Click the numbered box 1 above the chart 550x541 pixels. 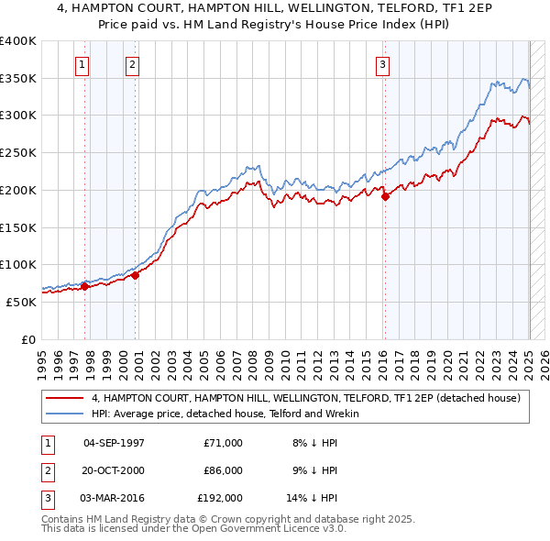(82, 64)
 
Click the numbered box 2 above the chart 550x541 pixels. (133, 64)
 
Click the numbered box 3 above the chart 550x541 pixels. (381, 64)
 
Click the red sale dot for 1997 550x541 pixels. (85, 286)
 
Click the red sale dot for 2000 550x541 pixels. (135, 274)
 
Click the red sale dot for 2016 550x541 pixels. (385, 195)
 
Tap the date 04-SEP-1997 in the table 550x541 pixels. (114, 443)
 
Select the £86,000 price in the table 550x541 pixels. (223, 470)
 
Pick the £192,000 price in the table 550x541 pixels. (220, 498)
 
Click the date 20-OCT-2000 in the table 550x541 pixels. (114, 470)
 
